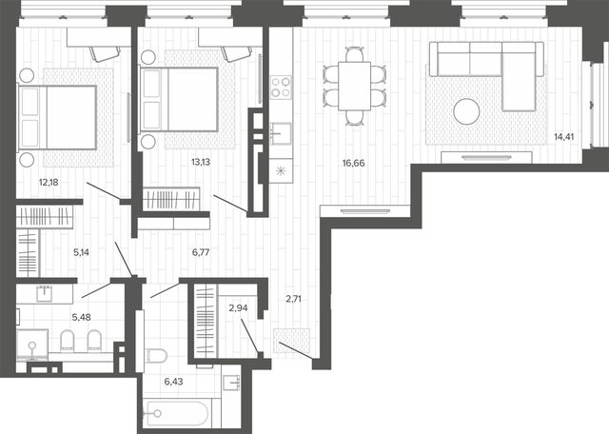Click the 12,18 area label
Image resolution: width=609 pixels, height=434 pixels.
(49, 182)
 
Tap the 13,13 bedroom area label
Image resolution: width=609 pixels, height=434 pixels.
(201, 162)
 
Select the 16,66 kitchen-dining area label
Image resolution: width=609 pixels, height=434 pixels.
(353, 163)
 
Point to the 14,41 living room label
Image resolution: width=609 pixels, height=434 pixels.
(564, 137)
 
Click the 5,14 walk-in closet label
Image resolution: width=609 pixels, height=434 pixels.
(81, 252)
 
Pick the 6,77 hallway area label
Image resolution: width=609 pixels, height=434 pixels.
(201, 252)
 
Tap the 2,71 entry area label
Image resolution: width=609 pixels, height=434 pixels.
(294, 299)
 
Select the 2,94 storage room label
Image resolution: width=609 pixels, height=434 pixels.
(238, 308)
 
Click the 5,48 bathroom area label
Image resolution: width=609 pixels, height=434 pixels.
(82, 318)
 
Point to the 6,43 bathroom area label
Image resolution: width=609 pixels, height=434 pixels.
(173, 382)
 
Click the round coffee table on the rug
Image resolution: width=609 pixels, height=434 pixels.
(466, 111)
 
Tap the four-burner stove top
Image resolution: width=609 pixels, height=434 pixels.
(281, 87)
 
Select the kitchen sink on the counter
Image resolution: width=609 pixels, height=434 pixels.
(281, 133)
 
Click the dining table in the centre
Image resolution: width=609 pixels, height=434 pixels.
(354, 86)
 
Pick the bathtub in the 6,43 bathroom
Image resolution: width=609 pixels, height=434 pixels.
(177, 413)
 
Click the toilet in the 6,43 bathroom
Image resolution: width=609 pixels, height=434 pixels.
(156, 356)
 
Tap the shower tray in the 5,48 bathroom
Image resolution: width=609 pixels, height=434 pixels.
(32, 345)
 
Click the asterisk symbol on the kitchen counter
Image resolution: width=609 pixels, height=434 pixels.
(281, 170)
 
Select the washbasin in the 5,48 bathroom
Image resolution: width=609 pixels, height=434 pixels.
(44, 293)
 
